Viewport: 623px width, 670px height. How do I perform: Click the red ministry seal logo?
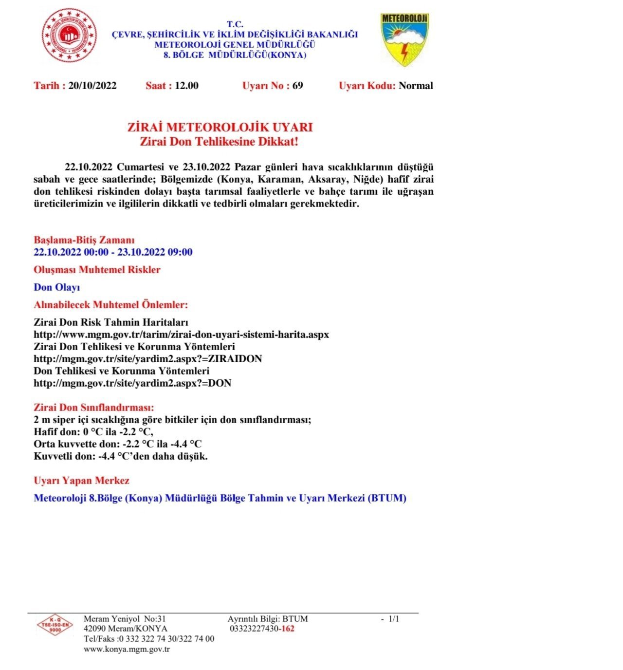coord(69,36)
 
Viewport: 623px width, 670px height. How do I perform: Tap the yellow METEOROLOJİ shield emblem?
coord(404,39)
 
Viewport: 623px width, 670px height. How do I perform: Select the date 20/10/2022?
coord(92,86)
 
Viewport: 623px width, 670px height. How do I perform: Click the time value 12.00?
coord(186,86)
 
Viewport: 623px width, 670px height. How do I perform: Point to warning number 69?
coord(297,86)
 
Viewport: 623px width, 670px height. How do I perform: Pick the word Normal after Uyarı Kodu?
coord(416,86)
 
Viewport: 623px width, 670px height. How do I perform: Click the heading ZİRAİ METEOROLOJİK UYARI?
coord(220,128)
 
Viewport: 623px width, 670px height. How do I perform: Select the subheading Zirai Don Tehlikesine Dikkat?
coord(219,142)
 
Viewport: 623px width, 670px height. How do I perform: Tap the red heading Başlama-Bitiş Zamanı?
coord(84,240)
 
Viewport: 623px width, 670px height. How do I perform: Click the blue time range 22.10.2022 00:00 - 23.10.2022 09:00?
coord(113,252)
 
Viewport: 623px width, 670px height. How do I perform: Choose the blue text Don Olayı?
coord(56,287)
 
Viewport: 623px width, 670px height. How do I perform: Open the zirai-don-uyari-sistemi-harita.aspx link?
coord(181,335)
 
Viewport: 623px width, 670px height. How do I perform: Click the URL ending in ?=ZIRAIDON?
coord(147,359)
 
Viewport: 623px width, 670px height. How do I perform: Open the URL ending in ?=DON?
coord(132,383)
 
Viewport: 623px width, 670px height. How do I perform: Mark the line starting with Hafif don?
coord(94,432)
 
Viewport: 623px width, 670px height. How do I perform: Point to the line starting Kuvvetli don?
coord(121,456)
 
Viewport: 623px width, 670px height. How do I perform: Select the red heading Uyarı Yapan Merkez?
coord(81,481)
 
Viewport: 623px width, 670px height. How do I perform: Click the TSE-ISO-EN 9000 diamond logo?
coord(55,626)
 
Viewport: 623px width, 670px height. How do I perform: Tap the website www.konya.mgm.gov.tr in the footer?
coord(127,649)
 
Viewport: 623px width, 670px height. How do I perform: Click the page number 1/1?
coord(393,619)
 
